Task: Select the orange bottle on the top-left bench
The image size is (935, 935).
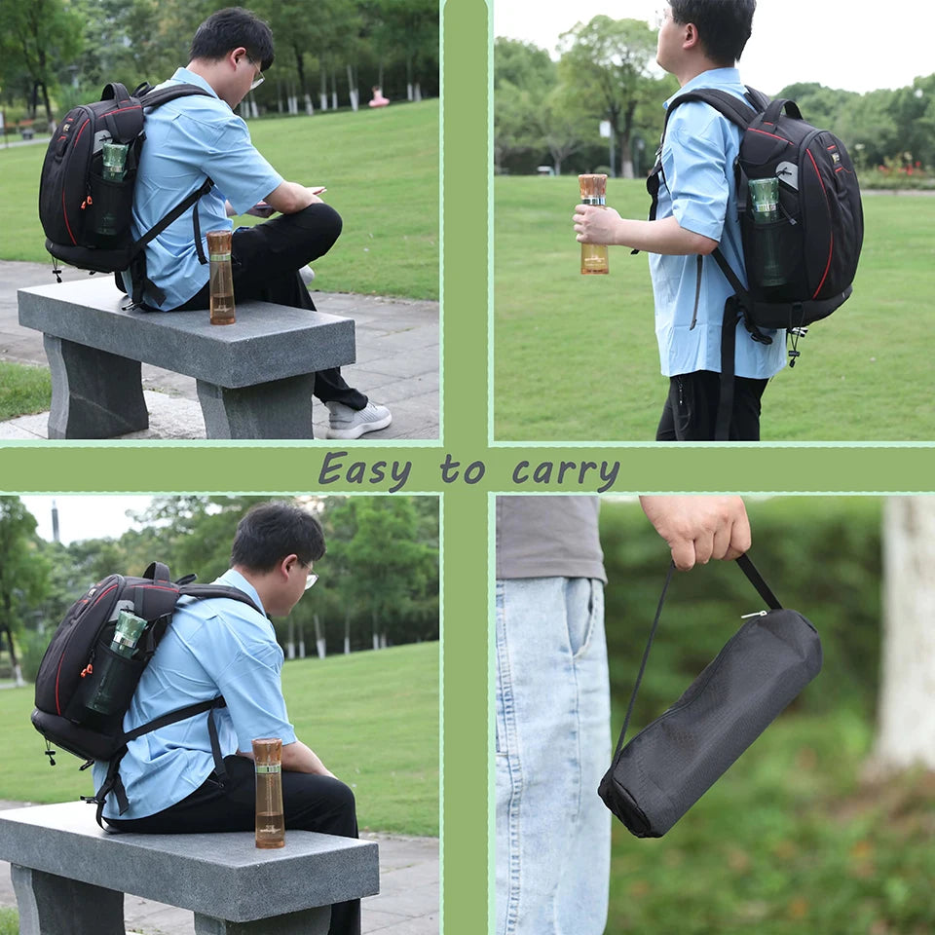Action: point(221,278)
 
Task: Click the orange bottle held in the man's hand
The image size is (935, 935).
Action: point(594,224)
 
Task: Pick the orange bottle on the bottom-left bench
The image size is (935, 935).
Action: point(269,793)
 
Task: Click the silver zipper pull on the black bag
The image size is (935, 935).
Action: point(754,615)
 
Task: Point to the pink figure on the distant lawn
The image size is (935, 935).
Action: point(378,97)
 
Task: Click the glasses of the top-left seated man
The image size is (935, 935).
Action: point(256,76)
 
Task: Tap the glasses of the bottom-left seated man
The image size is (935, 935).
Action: point(310,577)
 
